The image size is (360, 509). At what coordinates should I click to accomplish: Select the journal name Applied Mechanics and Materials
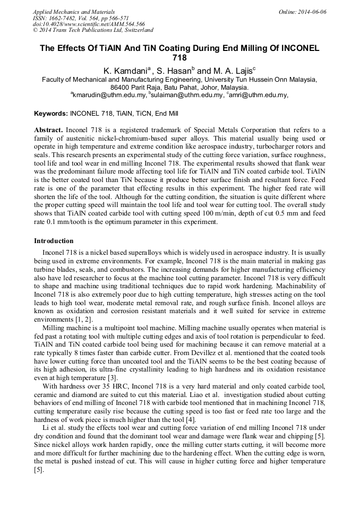point(74,12)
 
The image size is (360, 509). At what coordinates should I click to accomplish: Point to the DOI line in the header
point(89,24)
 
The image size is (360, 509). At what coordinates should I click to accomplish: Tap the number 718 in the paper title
point(179,58)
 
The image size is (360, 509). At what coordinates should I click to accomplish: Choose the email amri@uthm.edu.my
point(259,95)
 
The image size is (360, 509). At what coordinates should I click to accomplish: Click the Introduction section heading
point(54,241)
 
